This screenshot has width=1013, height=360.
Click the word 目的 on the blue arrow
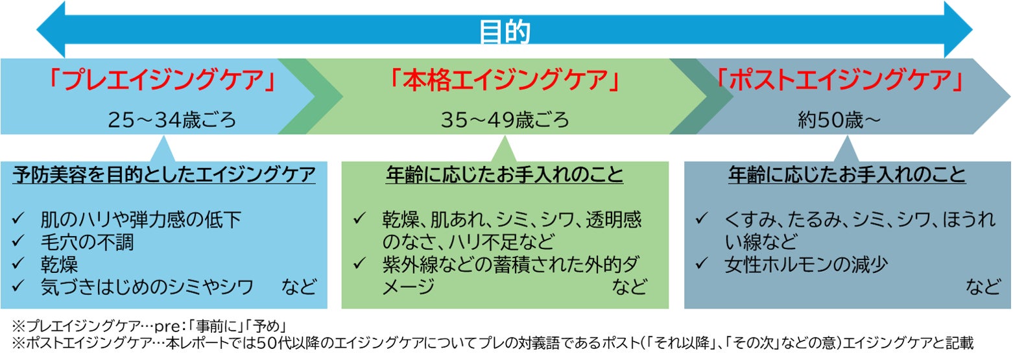[505, 31]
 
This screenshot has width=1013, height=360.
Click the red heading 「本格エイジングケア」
[505, 81]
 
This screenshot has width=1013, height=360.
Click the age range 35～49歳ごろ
[505, 120]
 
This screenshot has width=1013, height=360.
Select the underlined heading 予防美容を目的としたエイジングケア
[164, 175]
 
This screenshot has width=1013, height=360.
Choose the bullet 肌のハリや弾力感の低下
[140, 220]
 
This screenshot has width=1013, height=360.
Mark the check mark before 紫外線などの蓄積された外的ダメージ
[360, 264]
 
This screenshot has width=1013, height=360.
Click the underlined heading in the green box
[505, 175]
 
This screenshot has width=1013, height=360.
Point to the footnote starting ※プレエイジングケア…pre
[149, 325]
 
